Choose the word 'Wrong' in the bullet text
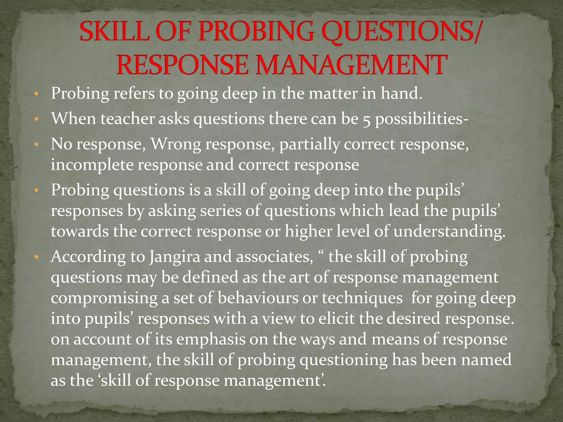click(x=176, y=145)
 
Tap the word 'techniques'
click(x=362, y=298)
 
